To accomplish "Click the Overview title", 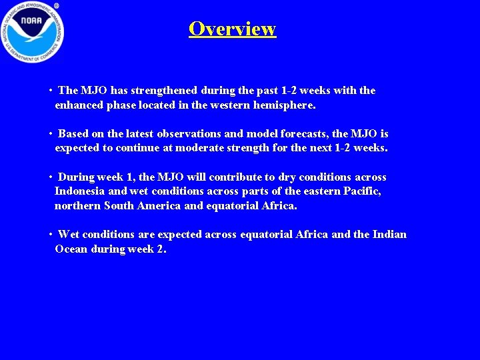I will point(232,29).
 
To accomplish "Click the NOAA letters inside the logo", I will point(31,23).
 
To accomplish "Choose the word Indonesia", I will point(79,191).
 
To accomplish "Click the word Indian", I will point(389,235).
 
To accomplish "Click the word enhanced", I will point(79,105).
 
